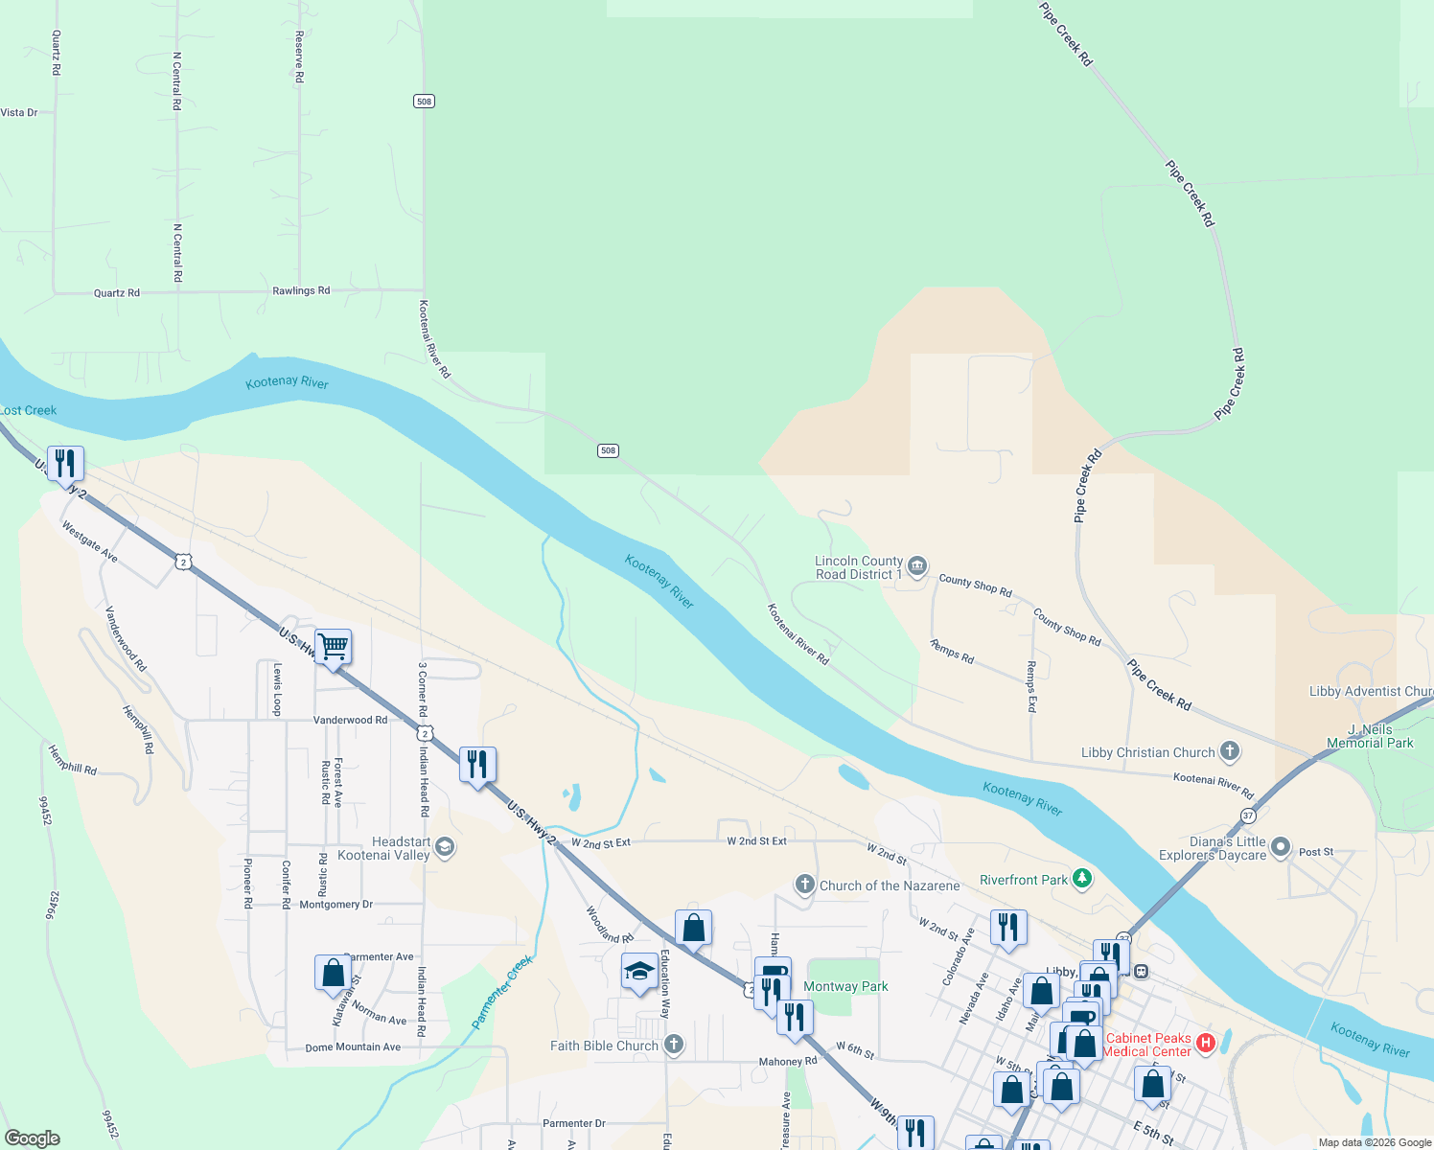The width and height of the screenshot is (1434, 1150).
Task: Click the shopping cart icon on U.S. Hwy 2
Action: pos(333,647)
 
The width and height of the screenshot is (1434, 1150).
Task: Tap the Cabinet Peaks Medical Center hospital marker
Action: pos(1206,1044)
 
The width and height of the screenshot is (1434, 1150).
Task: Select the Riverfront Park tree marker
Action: pos(1082,879)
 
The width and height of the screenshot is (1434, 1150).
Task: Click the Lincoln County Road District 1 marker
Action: pos(917,567)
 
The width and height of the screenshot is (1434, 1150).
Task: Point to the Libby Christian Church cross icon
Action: pos(1230,752)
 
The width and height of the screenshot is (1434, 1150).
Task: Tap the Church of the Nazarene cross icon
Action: pos(805,885)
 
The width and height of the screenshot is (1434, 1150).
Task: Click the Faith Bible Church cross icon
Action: pos(674,1046)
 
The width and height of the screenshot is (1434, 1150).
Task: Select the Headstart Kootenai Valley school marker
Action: pos(444,847)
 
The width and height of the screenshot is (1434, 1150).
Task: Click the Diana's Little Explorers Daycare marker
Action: pos(1280,847)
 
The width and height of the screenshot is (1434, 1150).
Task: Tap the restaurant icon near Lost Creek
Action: pos(65,464)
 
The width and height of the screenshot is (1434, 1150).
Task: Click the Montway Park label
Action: pos(845,986)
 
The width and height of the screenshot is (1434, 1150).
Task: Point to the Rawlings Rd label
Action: pos(301,290)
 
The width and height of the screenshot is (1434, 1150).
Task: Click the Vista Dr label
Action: pos(19,112)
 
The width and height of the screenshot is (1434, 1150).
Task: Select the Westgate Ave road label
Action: pos(89,542)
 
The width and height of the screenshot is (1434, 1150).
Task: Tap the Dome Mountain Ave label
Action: pos(353,1047)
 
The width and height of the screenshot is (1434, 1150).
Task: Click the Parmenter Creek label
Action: pos(501,992)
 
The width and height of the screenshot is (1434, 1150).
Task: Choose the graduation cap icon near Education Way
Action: pos(639,971)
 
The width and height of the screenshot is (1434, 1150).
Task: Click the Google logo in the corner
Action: pos(33,1138)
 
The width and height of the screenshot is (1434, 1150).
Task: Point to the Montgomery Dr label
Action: pos(336,905)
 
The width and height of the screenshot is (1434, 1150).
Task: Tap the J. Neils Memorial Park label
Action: pos(1370,736)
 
